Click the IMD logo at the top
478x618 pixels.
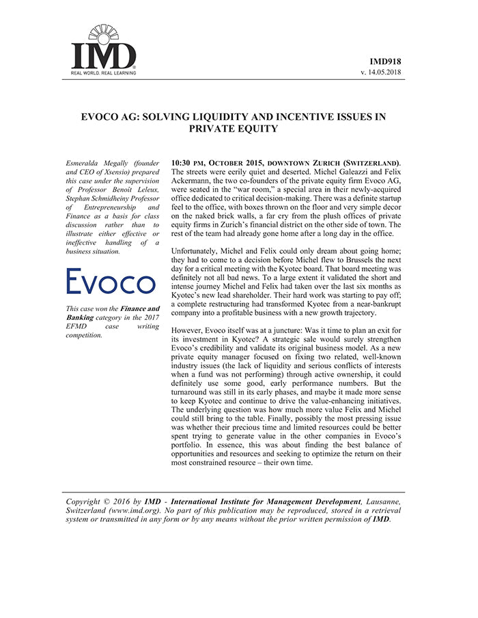click(104, 48)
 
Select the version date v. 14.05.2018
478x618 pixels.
click(383, 72)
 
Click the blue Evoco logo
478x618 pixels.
click(111, 282)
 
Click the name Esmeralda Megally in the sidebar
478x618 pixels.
click(92, 164)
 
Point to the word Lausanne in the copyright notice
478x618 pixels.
click(382, 502)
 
